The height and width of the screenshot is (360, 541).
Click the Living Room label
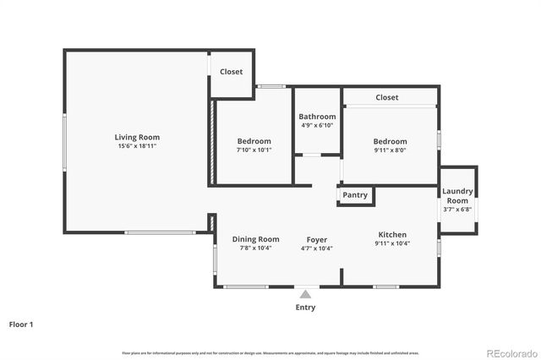coord(137,137)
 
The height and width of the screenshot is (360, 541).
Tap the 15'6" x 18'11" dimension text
coord(137,146)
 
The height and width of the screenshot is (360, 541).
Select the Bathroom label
coord(317,117)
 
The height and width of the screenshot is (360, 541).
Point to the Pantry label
coord(355,195)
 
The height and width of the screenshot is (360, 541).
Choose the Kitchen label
coord(392,235)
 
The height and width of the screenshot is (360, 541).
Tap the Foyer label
coord(317,240)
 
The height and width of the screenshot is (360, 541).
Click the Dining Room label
coord(255,239)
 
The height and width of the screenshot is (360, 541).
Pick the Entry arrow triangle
coord(305,294)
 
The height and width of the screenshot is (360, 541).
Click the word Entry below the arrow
coord(305,308)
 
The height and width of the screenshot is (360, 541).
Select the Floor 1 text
coord(21,324)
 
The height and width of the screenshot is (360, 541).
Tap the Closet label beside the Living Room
coord(231,72)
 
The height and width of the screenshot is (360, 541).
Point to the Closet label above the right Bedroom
coord(387,97)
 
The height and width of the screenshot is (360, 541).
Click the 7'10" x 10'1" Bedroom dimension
coord(254,150)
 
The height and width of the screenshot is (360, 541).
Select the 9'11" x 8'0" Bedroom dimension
coord(390,150)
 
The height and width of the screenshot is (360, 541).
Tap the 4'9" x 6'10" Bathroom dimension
coord(317,125)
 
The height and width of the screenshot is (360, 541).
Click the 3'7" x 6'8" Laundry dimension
coord(456,210)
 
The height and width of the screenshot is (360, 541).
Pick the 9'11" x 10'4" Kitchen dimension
coord(392,244)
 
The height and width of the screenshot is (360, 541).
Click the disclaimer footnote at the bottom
coord(270,352)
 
